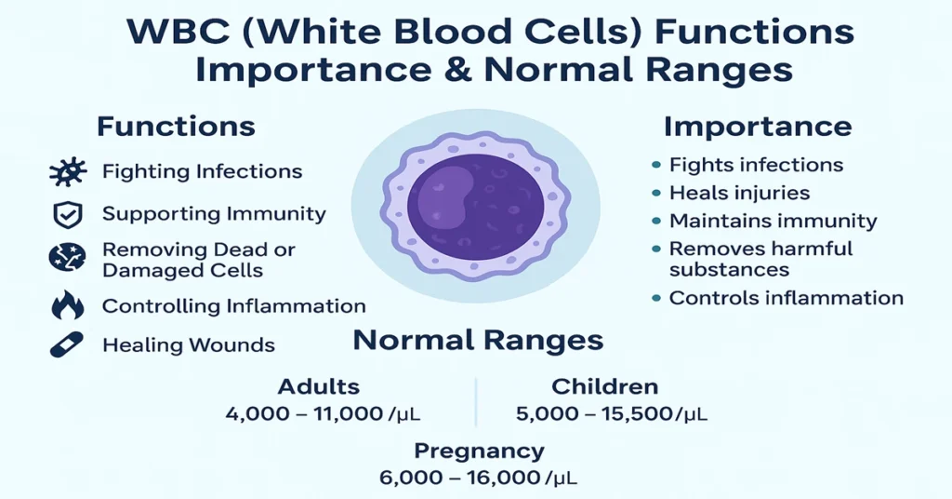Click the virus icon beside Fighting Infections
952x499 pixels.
point(67,172)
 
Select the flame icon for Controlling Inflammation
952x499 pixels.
point(67,305)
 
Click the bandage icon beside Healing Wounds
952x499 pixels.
point(67,344)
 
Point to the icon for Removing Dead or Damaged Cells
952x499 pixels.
point(67,259)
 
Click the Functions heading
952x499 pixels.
point(176,126)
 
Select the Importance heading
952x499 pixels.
point(758,127)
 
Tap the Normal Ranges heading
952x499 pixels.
point(478,340)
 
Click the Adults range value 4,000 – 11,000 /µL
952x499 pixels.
point(329,413)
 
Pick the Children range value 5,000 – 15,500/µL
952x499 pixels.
point(612,413)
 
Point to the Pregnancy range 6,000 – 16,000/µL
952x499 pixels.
point(478,478)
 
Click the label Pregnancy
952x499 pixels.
point(478,452)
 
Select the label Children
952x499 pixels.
point(604,386)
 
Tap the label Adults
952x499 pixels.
point(318,386)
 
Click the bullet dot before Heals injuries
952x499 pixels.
point(655,194)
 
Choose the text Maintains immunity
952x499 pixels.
point(773,222)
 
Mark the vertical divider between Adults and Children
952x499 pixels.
point(476,400)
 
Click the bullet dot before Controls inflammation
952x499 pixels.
point(655,299)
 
